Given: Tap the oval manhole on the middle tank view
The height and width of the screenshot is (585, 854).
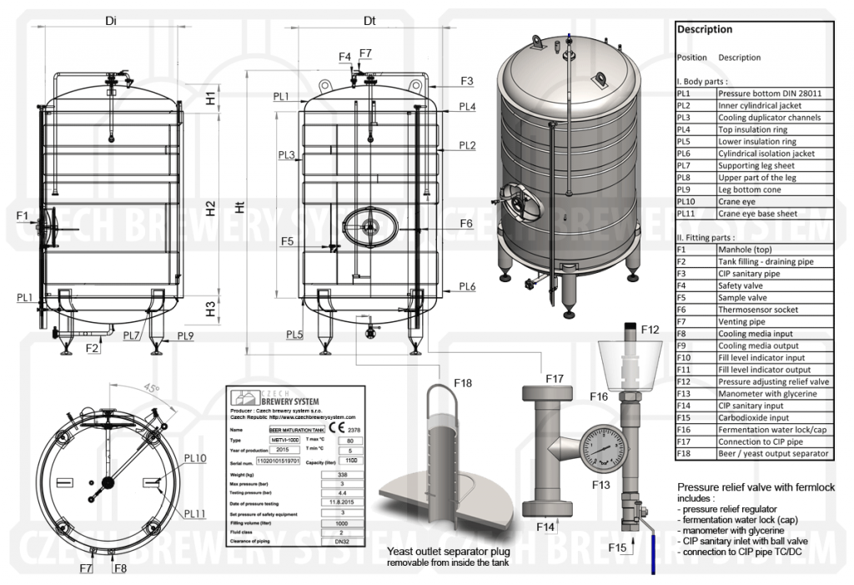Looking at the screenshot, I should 369,224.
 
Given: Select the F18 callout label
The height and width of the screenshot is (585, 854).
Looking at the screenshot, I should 462,383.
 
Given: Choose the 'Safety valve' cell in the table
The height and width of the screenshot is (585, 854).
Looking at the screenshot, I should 741,285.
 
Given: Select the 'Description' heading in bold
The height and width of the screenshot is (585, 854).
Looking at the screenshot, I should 705,29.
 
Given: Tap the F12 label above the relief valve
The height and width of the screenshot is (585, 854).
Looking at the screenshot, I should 651,330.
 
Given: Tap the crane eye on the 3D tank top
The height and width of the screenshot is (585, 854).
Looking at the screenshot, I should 600,77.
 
